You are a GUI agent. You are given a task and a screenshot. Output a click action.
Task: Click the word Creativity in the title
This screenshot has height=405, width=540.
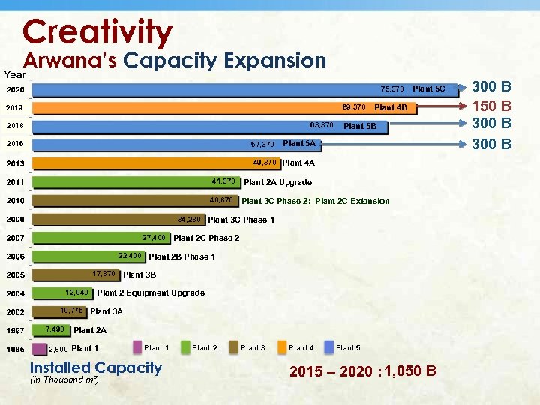coord(97,31)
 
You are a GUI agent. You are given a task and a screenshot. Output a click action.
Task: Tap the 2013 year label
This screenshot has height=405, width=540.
coord(16,163)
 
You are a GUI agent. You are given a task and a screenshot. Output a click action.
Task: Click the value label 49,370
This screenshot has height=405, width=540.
coord(265,162)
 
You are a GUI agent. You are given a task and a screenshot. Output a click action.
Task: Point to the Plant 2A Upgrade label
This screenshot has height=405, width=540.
coord(278,182)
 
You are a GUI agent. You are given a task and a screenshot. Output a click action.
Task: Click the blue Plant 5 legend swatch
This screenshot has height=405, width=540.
coord(329,347)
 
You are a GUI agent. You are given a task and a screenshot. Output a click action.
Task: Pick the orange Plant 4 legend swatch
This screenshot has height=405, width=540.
coord(283,347)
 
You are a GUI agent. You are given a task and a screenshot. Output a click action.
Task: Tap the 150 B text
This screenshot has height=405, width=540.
coord(495,106)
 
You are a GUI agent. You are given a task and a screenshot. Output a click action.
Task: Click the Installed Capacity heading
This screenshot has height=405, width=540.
coord(95,367)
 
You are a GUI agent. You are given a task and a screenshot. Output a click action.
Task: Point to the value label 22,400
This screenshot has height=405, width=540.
coord(130,256)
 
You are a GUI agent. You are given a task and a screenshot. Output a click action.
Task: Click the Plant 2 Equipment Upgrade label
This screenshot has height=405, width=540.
coord(151,292)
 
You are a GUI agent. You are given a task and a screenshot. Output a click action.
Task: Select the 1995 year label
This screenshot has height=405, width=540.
coord(16,349)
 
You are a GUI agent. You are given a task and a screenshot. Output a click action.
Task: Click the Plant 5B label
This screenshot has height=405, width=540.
coord(360,126)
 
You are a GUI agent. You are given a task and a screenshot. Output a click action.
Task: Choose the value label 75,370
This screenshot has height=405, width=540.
coord(392,89)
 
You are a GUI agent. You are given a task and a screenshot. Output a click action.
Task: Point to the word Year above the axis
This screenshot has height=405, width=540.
coord(15,73)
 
